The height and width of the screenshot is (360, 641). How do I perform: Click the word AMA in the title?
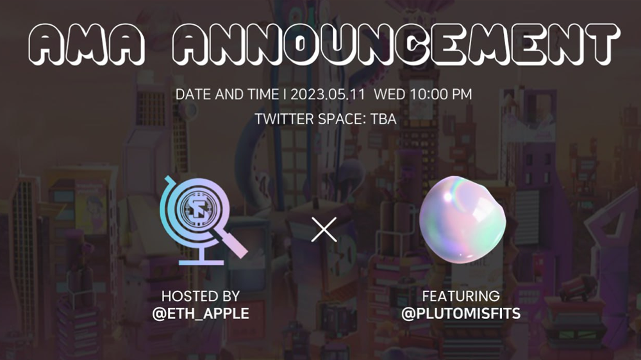tap(87, 44)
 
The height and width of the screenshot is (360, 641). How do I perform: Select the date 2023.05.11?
tap(328, 94)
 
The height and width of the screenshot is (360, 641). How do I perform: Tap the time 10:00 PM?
tap(441, 94)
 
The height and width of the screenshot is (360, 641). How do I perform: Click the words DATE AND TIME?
tap(228, 94)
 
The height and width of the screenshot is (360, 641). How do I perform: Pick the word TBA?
tap(383, 119)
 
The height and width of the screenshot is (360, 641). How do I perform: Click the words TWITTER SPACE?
tap(310, 119)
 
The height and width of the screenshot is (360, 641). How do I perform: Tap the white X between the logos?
tap(324, 229)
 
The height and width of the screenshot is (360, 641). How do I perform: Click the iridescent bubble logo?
tap(462, 220)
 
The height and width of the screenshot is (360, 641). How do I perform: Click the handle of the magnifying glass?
tap(232, 243)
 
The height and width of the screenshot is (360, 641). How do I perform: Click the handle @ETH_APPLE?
tap(200, 313)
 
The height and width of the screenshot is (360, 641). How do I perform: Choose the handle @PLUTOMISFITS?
tap(461, 313)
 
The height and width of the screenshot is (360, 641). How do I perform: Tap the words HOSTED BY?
tap(200, 296)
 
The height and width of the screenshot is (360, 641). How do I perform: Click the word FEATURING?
tap(461, 296)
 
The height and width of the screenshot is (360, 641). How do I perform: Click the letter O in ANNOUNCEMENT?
tap(300, 44)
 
